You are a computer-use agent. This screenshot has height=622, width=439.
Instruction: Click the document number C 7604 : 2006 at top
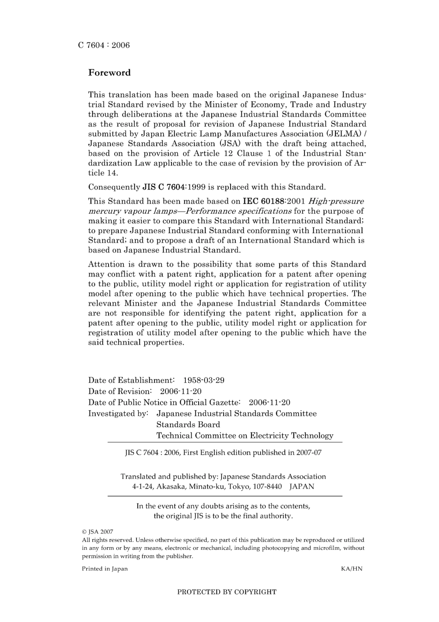tap(104, 45)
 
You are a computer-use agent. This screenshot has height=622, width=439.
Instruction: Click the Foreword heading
tap(110, 73)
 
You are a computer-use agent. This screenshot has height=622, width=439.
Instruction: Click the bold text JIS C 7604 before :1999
tap(164, 187)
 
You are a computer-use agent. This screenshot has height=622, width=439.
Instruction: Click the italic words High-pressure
tap(336, 201)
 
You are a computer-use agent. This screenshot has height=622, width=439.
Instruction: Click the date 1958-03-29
tap(204, 380)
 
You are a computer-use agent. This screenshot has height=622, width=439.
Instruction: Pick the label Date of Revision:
tap(120, 391)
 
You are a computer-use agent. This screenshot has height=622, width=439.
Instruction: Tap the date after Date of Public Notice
tap(269, 402)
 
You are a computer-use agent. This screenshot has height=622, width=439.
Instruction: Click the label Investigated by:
tap(118, 413)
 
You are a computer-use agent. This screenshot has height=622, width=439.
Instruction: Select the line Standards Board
tap(188, 425)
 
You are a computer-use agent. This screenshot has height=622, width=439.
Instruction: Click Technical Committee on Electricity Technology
tap(244, 436)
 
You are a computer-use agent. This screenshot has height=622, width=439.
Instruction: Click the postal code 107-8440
tap(267, 487)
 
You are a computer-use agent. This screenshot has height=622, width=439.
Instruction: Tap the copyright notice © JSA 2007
tap(98, 532)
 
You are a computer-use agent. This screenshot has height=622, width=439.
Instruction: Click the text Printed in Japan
tap(105, 569)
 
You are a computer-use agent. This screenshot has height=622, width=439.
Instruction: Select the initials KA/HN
tap(351, 569)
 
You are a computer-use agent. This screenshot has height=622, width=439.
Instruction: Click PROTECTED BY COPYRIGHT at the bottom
tap(227, 592)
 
